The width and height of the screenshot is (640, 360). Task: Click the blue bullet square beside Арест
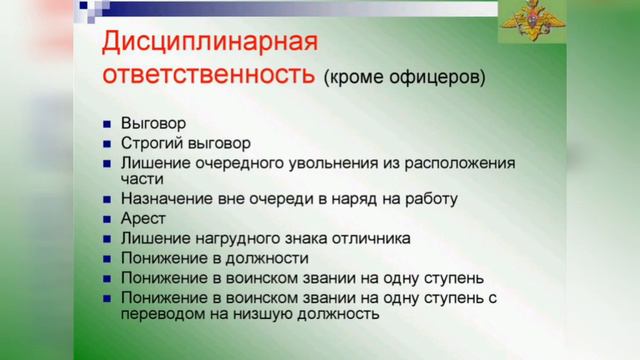[x=107, y=218]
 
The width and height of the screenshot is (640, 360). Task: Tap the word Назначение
[x=165, y=198]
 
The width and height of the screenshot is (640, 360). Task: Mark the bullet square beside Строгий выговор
[x=107, y=144]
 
